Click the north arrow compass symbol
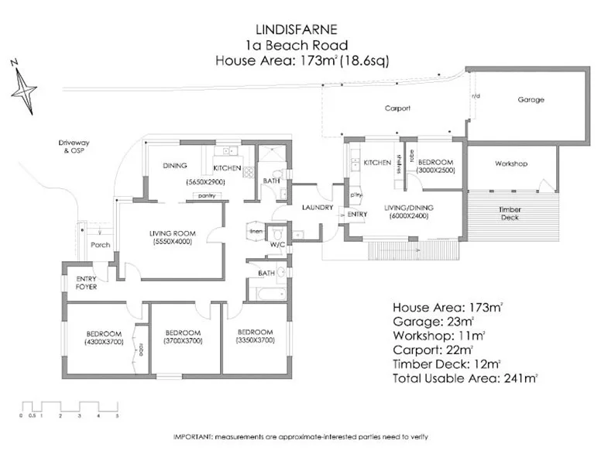pos(23,87)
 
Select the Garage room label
pos(531,100)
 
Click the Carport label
pos(397,108)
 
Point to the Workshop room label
pos(511,164)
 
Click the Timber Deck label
pos(510,213)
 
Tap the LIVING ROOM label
pos(172,233)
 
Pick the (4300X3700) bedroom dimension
pos(104,342)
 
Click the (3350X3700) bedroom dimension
pos(254,339)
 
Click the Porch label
pos(100,246)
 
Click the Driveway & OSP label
pos(75,147)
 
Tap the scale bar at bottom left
pos(69,408)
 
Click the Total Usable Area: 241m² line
pos(465,378)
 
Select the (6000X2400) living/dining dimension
pos(410,216)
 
